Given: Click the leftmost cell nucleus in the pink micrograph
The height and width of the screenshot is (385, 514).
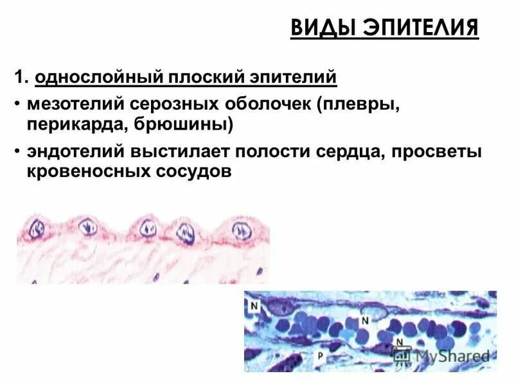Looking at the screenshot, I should pos(39,228).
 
